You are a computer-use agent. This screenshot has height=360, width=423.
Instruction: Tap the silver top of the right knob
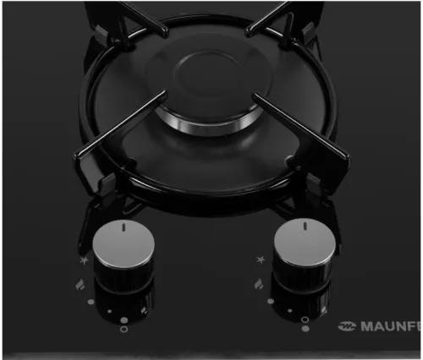coord(305,243)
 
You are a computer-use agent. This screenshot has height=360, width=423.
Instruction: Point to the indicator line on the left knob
coord(124,227)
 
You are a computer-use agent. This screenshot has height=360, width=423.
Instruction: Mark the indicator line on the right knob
coord(305,226)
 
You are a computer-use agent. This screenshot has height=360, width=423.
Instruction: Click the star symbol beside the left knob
coord(84,260)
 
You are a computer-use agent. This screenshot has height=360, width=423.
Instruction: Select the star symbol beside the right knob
coord(261,259)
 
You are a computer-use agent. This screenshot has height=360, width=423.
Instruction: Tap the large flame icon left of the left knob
coord(80,285)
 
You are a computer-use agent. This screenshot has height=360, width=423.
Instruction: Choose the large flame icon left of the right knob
coord(259,284)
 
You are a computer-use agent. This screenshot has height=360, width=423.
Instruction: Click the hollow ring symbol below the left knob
coord(124,329)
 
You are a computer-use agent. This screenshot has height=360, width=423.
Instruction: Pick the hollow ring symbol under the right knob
coord(305,319)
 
